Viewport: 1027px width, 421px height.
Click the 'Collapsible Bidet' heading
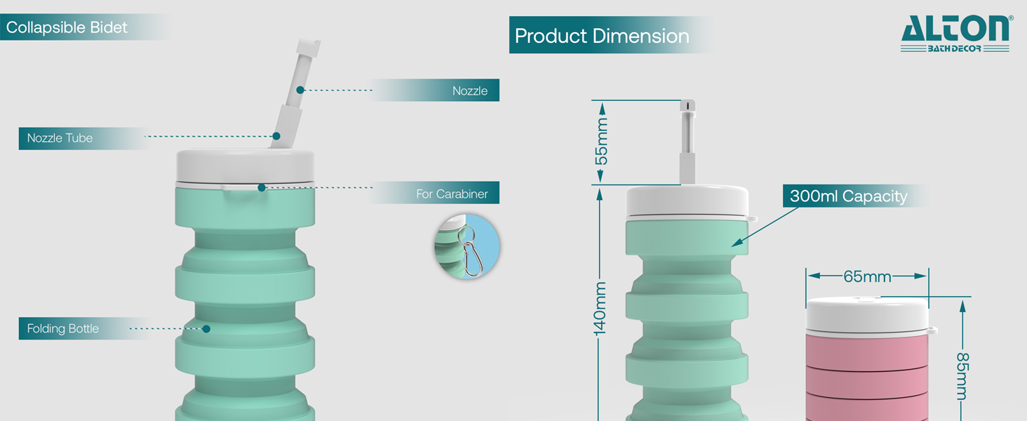(x=67, y=28)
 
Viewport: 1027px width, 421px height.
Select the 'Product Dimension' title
(x=602, y=36)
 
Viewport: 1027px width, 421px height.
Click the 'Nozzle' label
(x=469, y=91)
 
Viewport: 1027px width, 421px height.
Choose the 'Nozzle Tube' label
(x=60, y=138)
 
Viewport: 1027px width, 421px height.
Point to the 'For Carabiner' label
(x=452, y=194)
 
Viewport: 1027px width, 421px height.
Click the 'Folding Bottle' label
(x=62, y=328)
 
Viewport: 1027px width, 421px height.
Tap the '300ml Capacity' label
(x=848, y=196)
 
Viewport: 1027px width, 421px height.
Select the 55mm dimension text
(x=601, y=142)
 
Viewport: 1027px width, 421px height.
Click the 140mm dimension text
(x=601, y=309)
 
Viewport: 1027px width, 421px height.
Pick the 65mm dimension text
(x=867, y=276)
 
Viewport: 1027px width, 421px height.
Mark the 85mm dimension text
(x=962, y=376)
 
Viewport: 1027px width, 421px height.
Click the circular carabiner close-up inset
(x=466, y=248)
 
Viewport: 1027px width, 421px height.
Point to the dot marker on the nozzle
(x=300, y=90)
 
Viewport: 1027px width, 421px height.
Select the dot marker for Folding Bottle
(x=206, y=328)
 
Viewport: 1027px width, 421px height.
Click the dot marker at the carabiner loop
(x=261, y=187)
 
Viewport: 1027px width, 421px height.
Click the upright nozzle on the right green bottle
(x=688, y=140)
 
